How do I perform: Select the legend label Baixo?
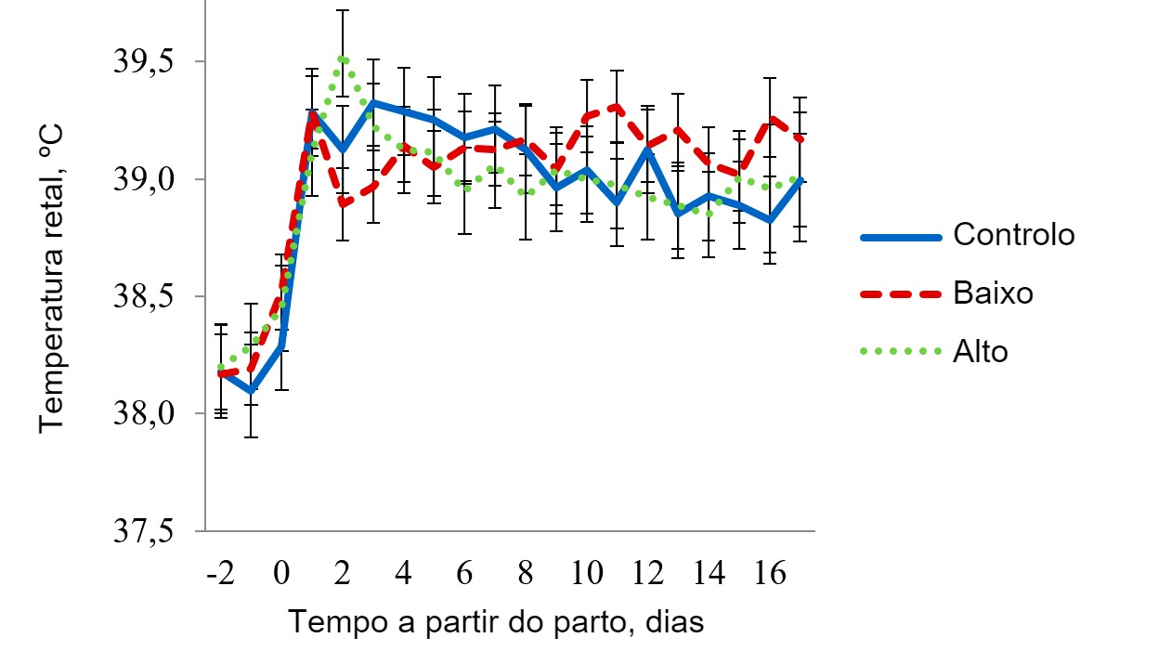[x=993, y=293]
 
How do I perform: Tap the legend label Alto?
[x=980, y=352]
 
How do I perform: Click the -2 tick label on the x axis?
[x=220, y=573]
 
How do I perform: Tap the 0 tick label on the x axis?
[x=281, y=573]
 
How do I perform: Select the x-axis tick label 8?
[x=526, y=573]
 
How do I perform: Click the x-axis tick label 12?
[x=647, y=573]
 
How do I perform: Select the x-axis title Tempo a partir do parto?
[x=495, y=621]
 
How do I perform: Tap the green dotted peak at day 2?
[x=343, y=59]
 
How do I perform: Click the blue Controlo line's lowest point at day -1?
[x=251, y=391]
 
